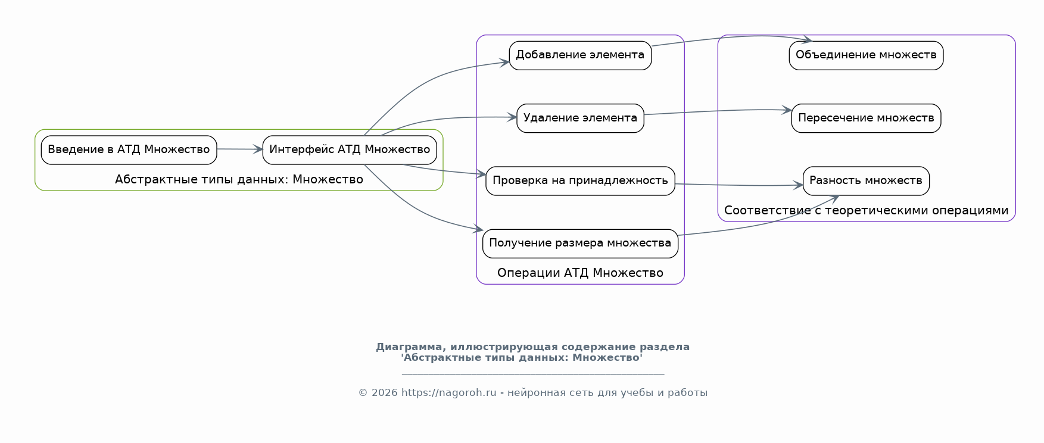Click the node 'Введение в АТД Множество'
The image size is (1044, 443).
[x=129, y=150]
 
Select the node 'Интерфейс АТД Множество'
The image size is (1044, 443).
[x=350, y=150]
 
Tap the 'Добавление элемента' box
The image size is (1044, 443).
[x=580, y=55]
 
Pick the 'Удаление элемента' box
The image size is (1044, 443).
[x=580, y=118]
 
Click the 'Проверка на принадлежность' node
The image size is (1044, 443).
[x=580, y=181]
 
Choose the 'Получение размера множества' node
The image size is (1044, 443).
[x=580, y=244]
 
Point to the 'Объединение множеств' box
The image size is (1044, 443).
[x=866, y=55]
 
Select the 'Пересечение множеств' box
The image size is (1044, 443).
[x=866, y=118]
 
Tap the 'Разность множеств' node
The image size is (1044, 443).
[x=866, y=181]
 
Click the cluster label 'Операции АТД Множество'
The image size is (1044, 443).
[x=580, y=273]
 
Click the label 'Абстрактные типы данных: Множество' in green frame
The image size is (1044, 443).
[x=239, y=179]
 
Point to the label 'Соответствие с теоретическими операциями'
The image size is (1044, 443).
[x=866, y=210]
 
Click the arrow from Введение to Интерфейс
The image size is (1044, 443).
[x=239, y=149]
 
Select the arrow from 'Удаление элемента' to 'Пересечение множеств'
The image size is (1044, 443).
[x=718, y=111]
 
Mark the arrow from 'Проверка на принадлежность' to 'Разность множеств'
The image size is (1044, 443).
[x=739, y=185]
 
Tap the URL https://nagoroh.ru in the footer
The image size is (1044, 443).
[x=448, y=392]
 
